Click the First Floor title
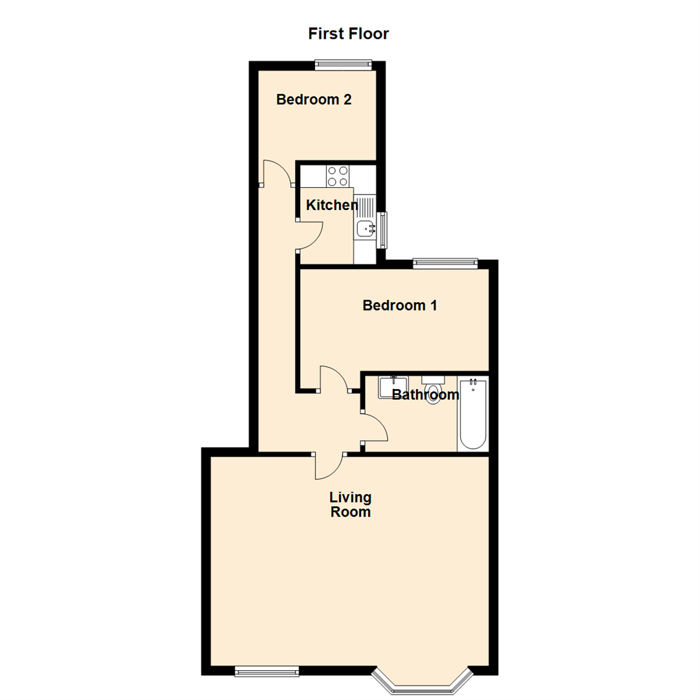tap(349, 34)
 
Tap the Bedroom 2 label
tap(314, 100)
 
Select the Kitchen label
tap(332, 205)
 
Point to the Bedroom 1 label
tap(399, 305)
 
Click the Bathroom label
tap(426, 395)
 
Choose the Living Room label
tap(351, 505)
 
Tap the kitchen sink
tap(366, 228)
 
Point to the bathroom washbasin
tap(393, 386)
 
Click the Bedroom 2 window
tap(343, 64)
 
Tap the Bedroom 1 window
tap(445, 263)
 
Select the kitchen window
tap(383, 229)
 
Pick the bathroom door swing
tap(374, 428)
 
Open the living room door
tap(329, 465)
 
